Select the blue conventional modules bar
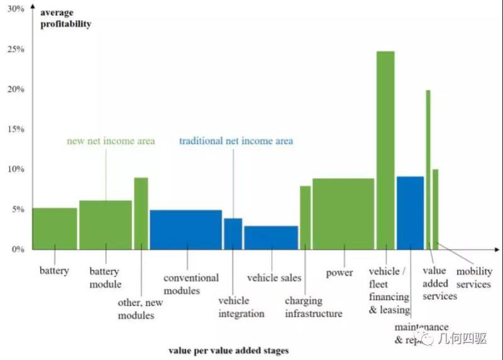point(185,229)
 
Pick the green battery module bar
point(105,225)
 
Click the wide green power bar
point(343,214)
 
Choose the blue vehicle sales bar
point(271,237)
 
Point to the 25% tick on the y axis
point(16,49)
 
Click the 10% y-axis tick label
point(16,169)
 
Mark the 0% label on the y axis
point(18,249)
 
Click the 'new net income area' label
point(111,141)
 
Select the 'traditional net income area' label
point(236,141)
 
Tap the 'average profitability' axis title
point(65,18)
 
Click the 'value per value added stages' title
point(228,349)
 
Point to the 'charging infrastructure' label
point(314,307)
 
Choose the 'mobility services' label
point(473,278)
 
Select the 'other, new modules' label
point(140,308)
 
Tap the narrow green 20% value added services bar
point(428,169)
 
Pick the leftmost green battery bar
point(55,228)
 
